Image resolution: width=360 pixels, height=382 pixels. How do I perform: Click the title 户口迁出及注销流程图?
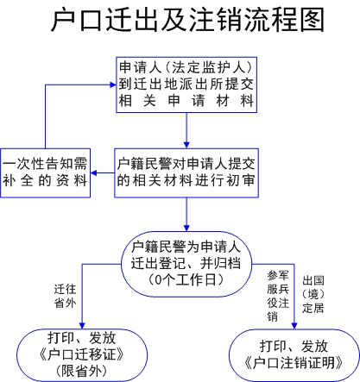pos(187,20)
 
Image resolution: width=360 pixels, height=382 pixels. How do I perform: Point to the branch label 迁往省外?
pos(66,296)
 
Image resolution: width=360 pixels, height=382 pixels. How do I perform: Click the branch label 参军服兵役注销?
pos(278,296)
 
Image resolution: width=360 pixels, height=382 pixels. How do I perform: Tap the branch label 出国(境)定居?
pos(313,294)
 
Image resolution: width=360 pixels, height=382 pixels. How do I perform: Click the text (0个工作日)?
pos(186,279)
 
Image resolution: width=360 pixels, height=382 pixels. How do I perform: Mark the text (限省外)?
pos(82,371)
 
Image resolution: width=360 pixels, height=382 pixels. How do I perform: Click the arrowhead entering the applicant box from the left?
pos(113,85)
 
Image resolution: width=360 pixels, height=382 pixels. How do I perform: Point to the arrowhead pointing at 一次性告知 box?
pos(94,173)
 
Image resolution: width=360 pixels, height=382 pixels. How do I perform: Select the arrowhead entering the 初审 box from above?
pos(186,145)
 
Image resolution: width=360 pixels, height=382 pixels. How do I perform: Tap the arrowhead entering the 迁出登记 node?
pos(186,229)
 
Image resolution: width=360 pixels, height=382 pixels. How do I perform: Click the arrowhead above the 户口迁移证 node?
pos(82,326)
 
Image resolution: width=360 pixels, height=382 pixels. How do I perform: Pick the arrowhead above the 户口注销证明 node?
pos(294,326)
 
